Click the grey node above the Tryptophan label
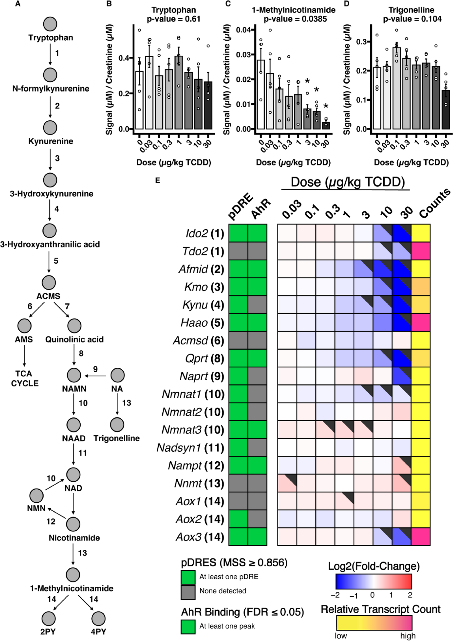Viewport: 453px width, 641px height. click(50, 24)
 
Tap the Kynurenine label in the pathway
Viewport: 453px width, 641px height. click(51, 141)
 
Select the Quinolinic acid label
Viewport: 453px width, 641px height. click(74, 339)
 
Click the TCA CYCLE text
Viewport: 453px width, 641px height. click(25, 378)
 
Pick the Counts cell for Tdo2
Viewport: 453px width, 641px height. click(421, 251)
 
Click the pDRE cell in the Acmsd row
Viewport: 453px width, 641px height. click(238, 341)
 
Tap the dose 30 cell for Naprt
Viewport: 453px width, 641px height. click(401, 376)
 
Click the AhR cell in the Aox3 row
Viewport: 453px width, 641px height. click(257, 537)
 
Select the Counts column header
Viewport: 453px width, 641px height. click(434, 203)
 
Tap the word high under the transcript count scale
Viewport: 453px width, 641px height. click(408, 636)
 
